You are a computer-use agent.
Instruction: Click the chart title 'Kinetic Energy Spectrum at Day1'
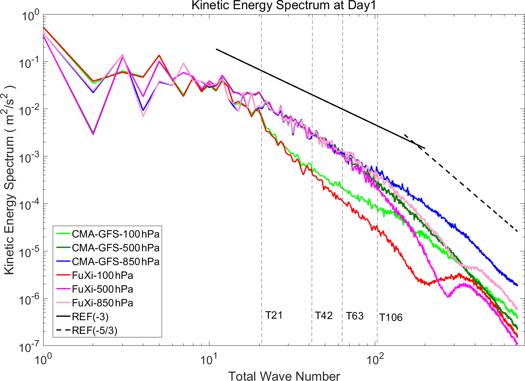coord(284,5)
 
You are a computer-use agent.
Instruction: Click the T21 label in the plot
coord(274,315)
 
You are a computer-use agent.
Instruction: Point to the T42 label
coord(324,316)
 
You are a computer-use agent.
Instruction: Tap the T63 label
coord(355,316)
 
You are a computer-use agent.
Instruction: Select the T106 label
coord(391,317)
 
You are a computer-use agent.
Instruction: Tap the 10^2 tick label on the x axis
coord(375,360)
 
